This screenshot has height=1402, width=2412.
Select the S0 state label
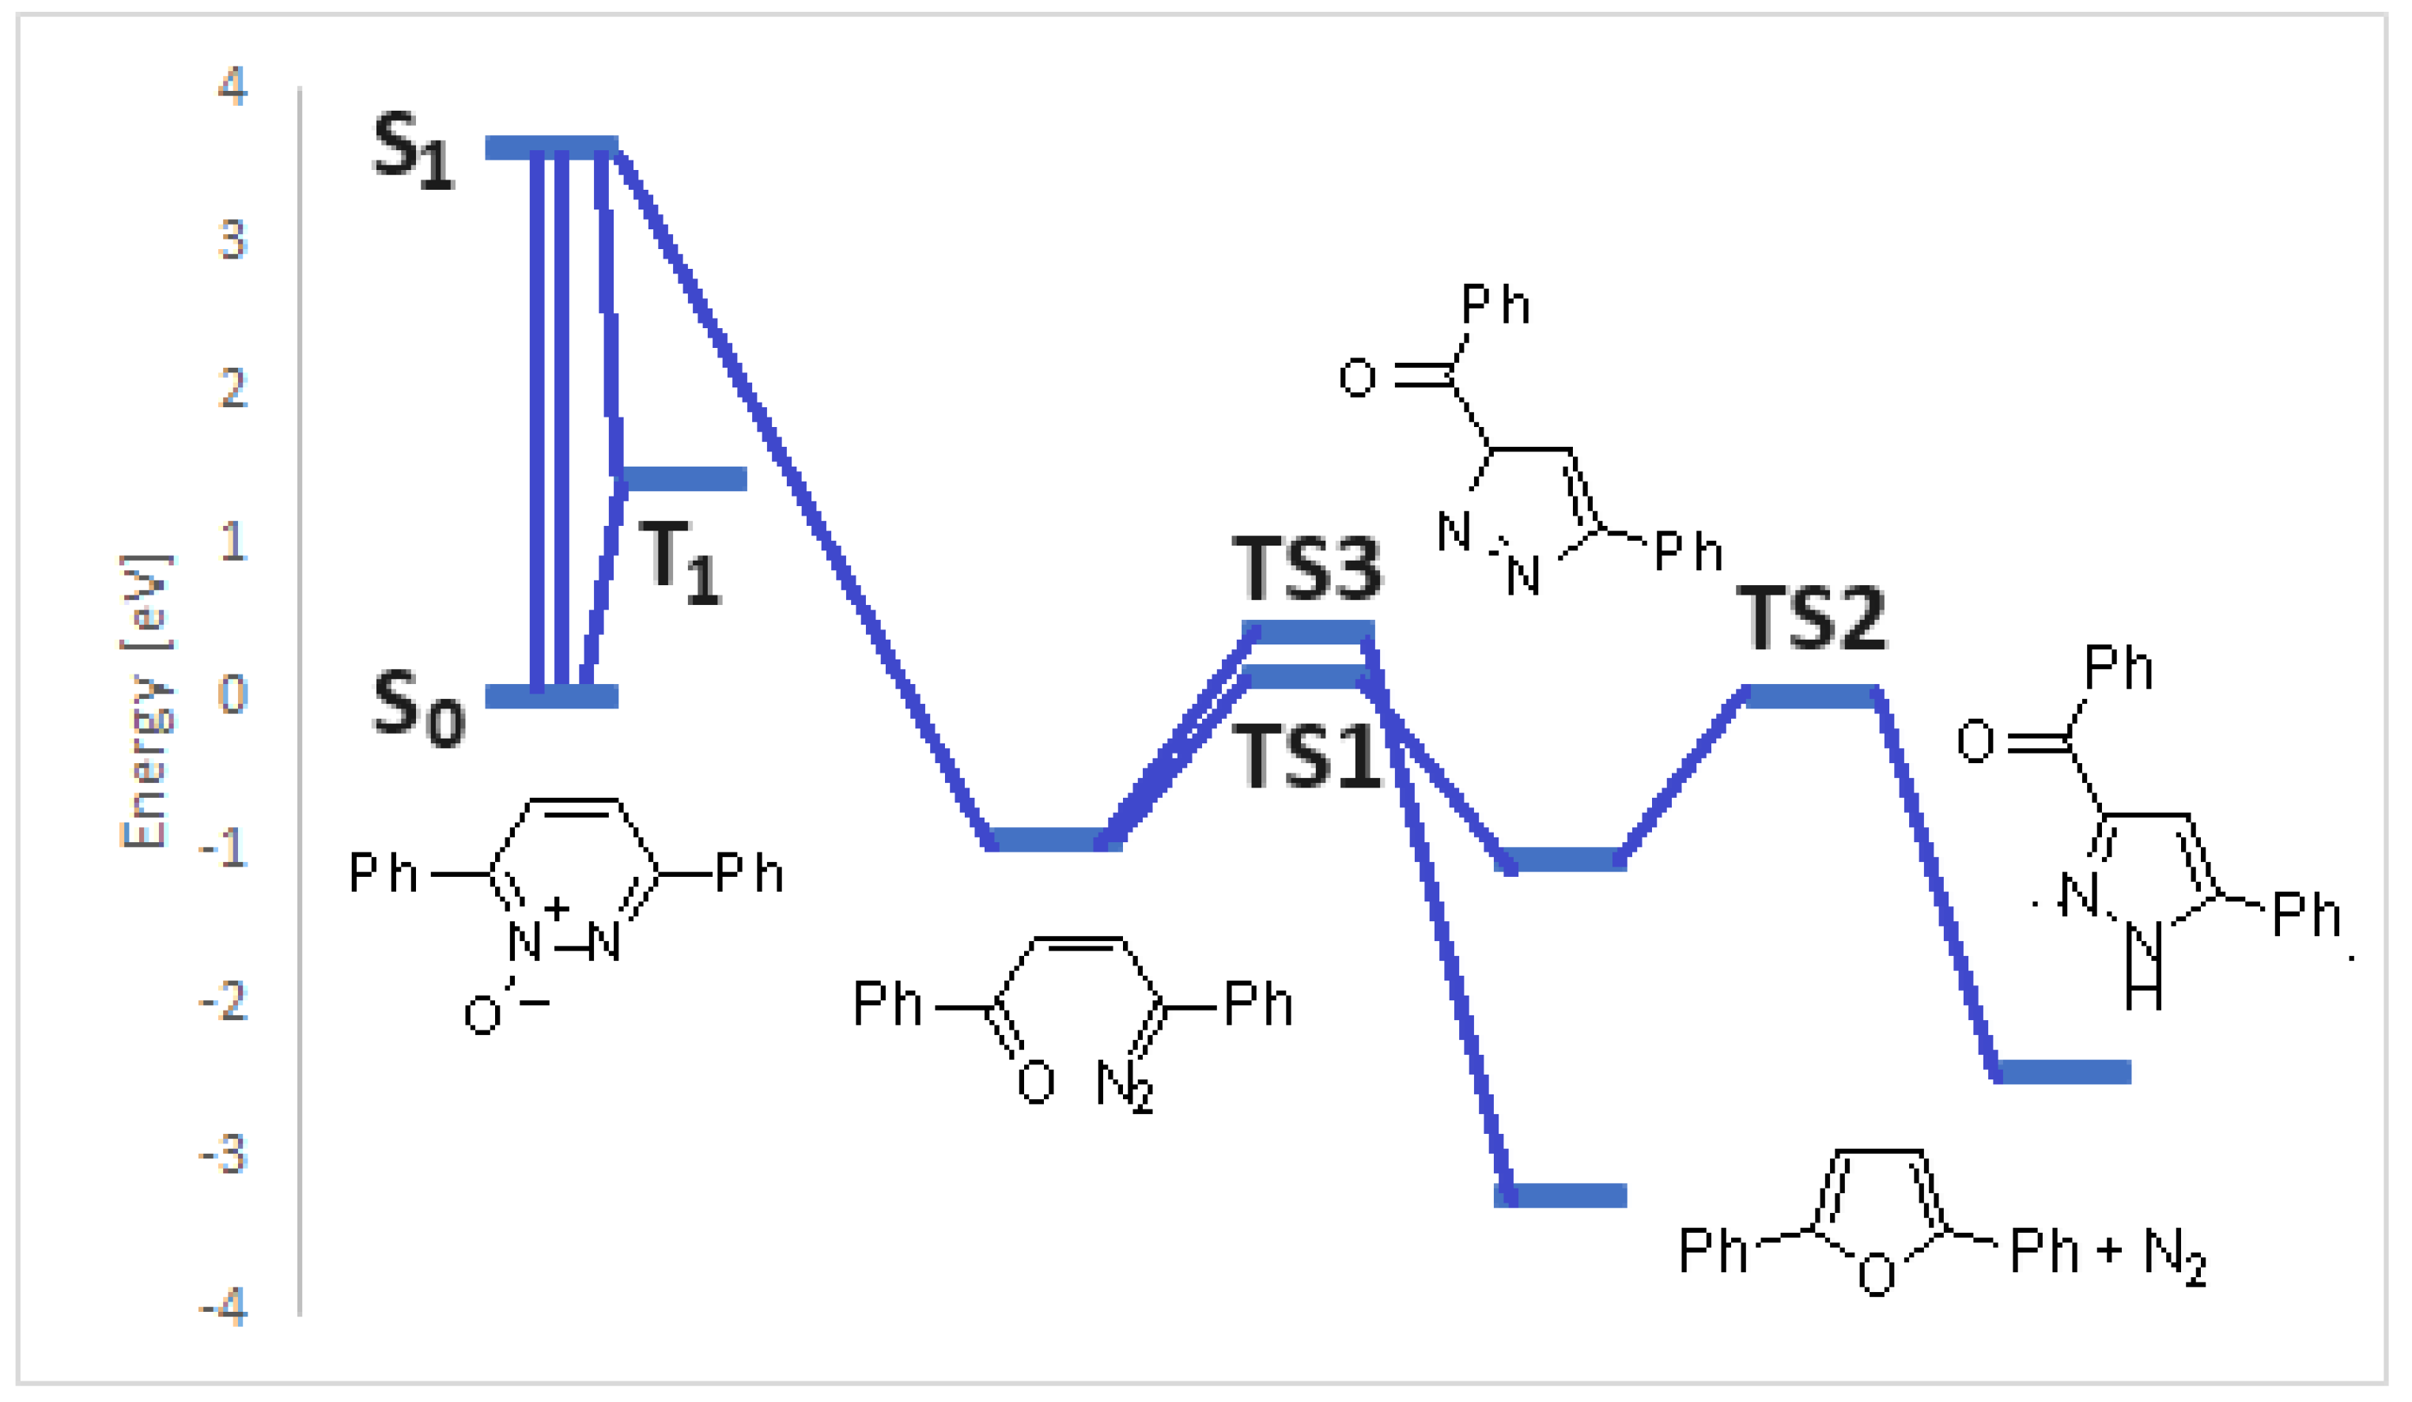coord(418,709)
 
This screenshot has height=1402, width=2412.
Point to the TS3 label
coord(1306,569)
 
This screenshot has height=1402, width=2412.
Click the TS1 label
coord(1306,756)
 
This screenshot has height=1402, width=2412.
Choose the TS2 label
coord(1811,619)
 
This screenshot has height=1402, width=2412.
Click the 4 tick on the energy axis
coord(233,86)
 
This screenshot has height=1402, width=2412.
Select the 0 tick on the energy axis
coord(233,695)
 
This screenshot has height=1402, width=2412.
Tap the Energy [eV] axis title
coord(145,701)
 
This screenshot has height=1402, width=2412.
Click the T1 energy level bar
coord(683,478)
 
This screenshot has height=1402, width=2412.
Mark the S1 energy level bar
coord(551,147)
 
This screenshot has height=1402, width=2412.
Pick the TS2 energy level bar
coord(1811,696)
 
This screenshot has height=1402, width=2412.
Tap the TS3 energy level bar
coord(1307,632)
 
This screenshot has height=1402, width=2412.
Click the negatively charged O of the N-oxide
coord(482,1015)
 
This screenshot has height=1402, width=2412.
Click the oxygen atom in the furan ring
coord(1876,1275)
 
